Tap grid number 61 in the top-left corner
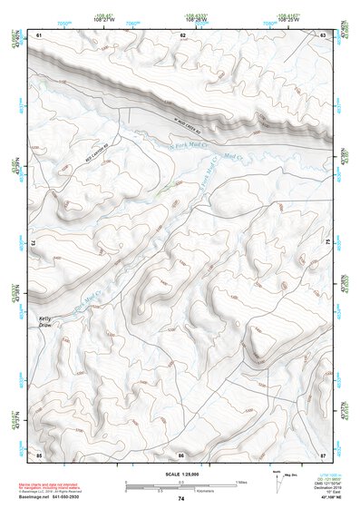pyautogui.click(x=39, y=34)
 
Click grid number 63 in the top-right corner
pyautogui.click(x=324, y=34)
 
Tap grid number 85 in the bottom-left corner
pyautogui.click(x=39, y=453)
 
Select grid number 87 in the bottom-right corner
pyautogui.click(x=323, y=453)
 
